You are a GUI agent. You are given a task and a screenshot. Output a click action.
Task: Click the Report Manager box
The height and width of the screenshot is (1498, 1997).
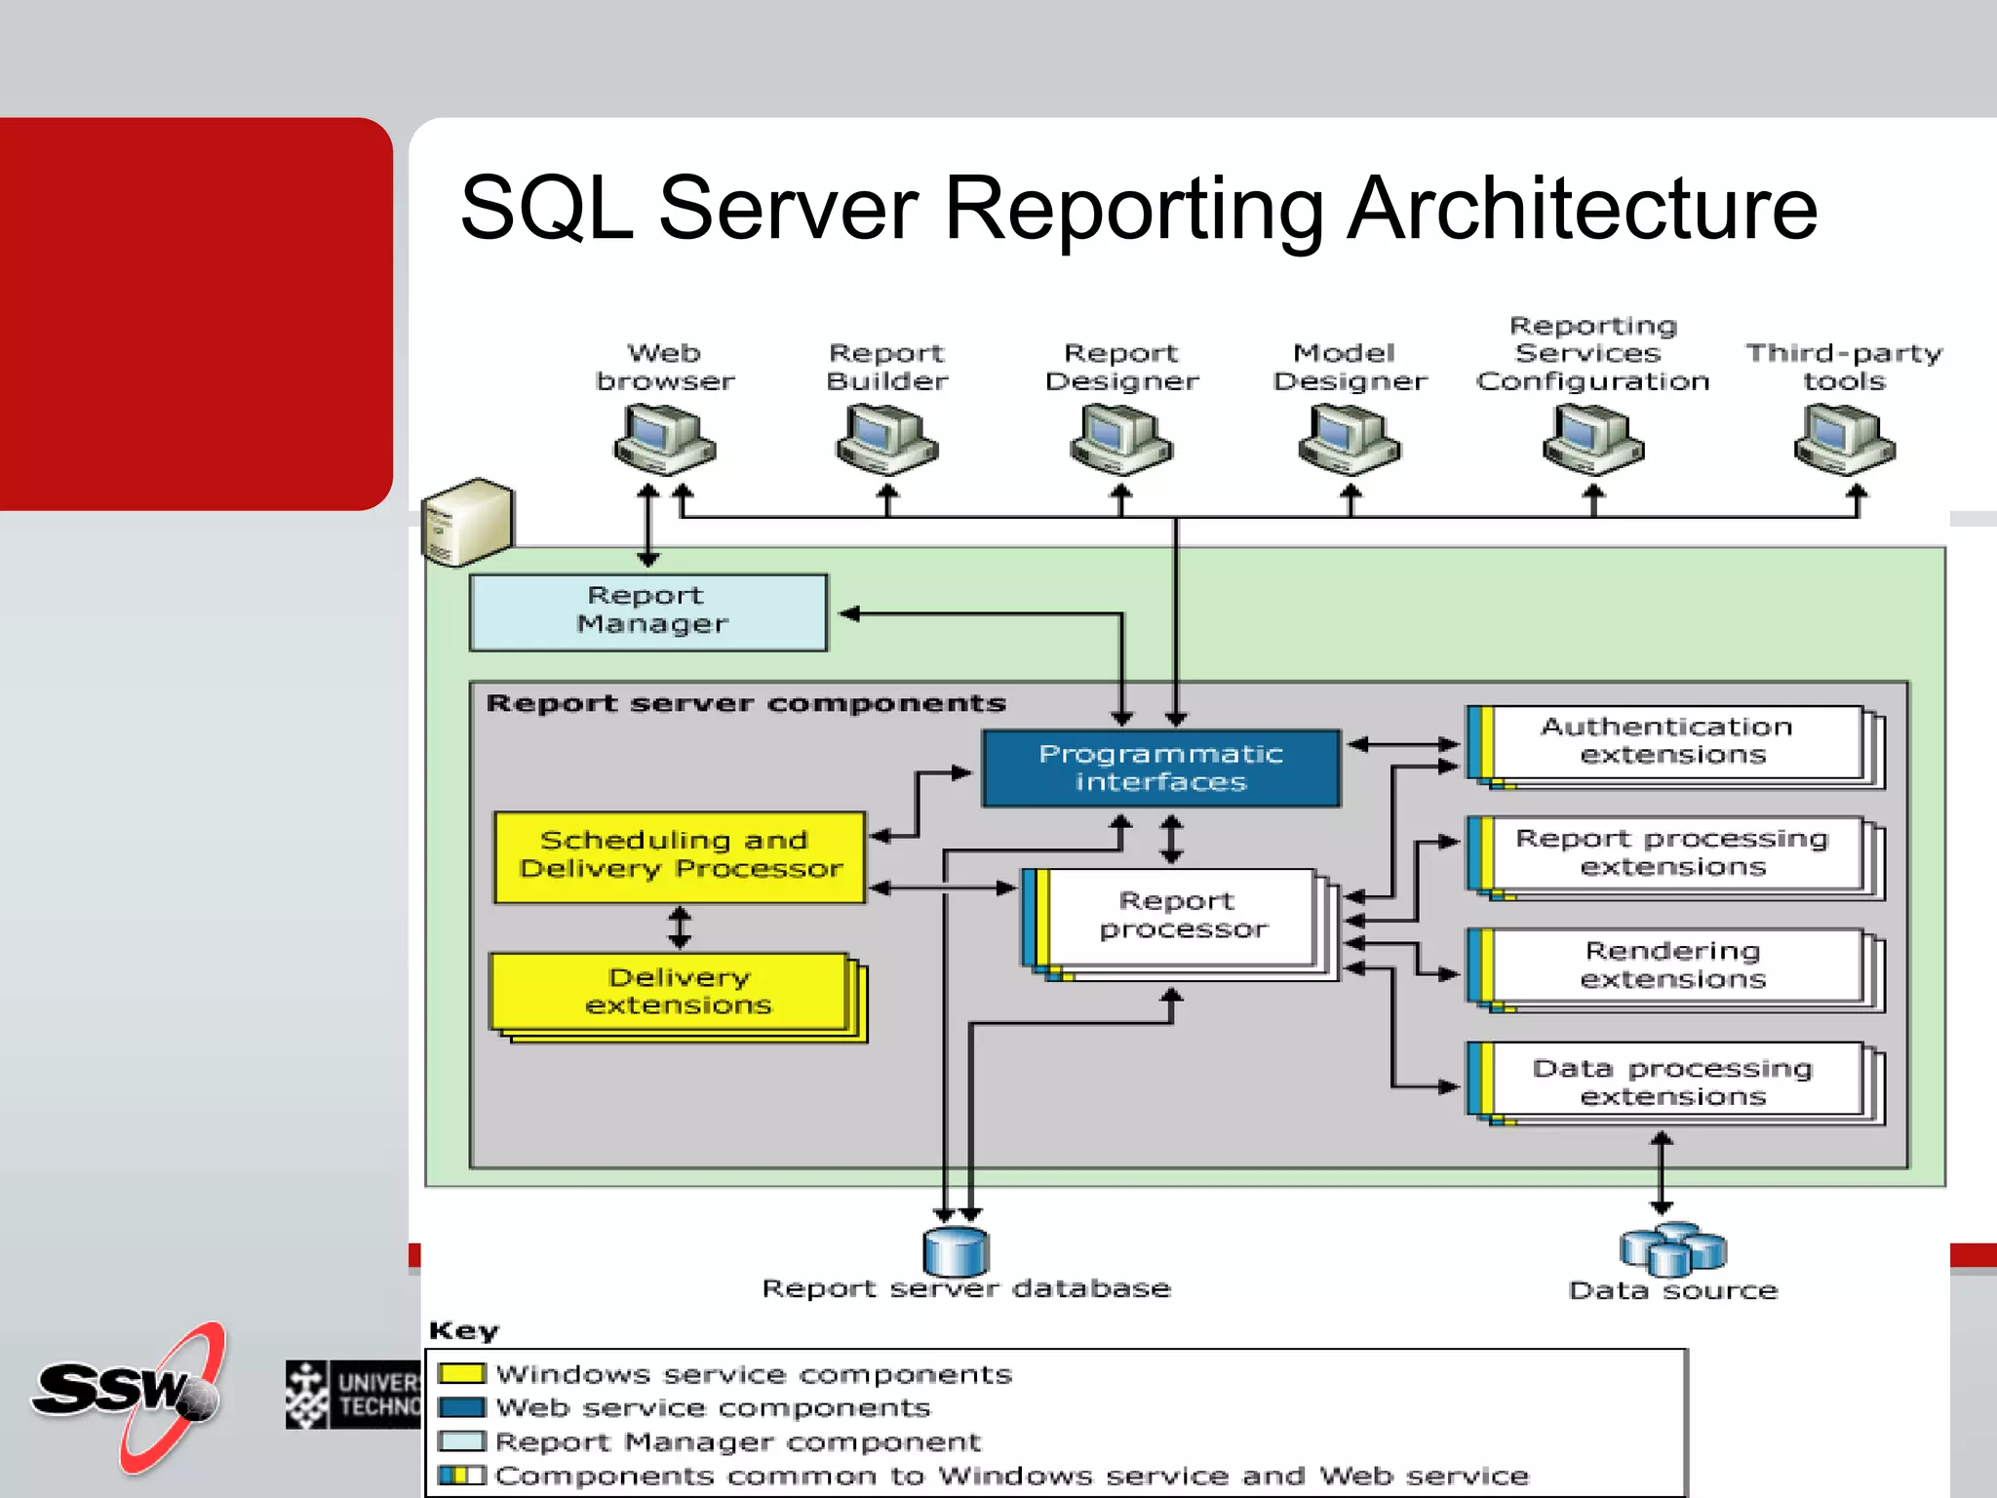648,611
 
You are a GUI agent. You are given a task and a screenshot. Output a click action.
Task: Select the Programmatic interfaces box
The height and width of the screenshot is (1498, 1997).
1160,768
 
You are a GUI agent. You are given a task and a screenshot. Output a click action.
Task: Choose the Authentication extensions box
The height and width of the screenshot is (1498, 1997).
1673,742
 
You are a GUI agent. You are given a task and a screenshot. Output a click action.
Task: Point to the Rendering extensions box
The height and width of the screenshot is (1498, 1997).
1673,966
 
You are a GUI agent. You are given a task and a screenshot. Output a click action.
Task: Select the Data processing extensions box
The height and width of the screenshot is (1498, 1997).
1673,1082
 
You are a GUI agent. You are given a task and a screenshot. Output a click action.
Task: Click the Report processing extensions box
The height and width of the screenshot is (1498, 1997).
1673,853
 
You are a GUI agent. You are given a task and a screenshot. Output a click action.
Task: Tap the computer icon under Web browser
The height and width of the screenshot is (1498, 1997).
664,441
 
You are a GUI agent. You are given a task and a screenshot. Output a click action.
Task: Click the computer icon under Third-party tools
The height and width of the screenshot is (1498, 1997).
1844,441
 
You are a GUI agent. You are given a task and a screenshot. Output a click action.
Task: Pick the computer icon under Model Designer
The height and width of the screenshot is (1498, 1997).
1349,441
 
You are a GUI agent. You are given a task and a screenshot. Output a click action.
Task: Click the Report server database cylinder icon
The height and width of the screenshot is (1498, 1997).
956,1251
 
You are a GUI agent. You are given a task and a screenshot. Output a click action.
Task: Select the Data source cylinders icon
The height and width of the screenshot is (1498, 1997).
1672,1249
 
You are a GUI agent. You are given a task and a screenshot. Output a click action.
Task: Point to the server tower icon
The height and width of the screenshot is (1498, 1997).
467,522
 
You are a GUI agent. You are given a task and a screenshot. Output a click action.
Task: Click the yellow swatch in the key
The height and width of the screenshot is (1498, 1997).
461,1373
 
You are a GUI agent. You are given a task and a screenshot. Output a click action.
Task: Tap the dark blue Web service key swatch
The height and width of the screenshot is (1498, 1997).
461,1407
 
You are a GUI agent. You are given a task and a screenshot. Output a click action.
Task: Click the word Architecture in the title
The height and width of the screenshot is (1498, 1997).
1582,209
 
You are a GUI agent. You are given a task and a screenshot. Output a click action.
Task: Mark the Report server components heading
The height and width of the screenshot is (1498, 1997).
746,703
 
